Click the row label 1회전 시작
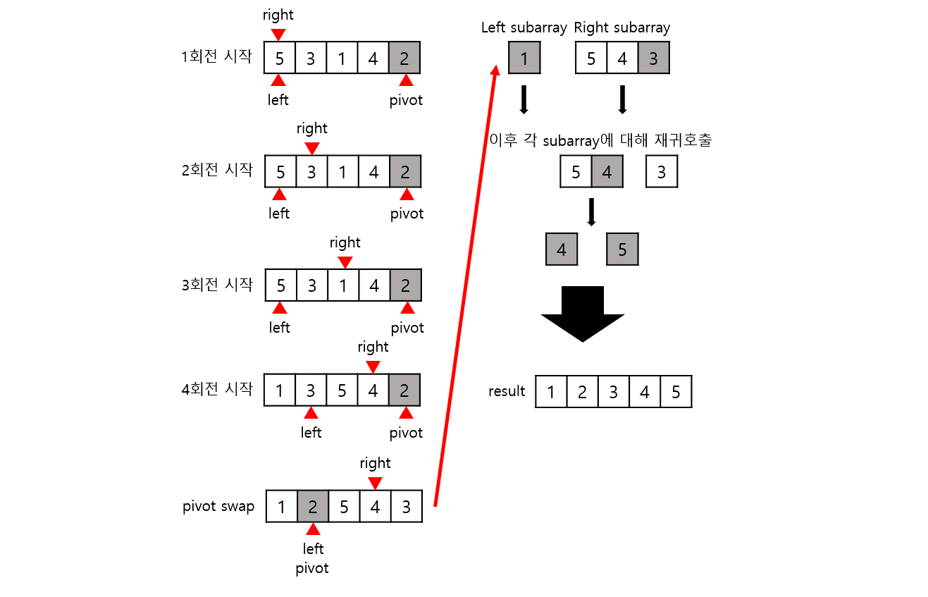(216, 56)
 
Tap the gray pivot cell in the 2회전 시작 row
(405, 171)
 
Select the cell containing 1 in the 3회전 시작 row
(343, 285)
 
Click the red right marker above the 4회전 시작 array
(373, 367)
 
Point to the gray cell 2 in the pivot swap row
(313, 506)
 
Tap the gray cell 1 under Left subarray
(524, 58)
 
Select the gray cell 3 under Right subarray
(653, 58)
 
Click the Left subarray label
(524, 27)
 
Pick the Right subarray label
(621, 27)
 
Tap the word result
(507, 391)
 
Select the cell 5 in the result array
(676, 392)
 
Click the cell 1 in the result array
(551, 392)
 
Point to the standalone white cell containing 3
(661, 172)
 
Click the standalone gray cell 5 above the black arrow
(622, 250)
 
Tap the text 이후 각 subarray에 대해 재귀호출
(600, 140)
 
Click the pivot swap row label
(218, 506)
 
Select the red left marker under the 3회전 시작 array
(280, 307)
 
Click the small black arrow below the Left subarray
(524, 99)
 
